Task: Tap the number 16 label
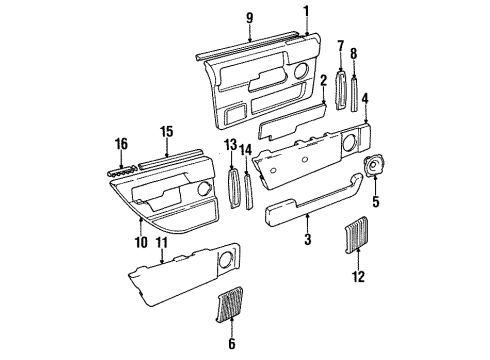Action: [x=123, y=145]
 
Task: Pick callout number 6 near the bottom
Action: [x=232, y=344]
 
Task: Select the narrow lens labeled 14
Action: [x=248, y=191]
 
